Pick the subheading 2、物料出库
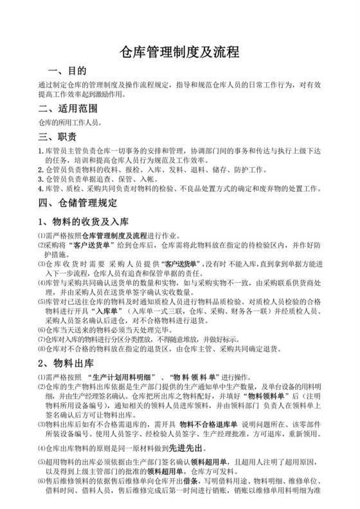pos(68,365)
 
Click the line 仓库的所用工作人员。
pos(71,121)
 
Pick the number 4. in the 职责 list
pos(41,190)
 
